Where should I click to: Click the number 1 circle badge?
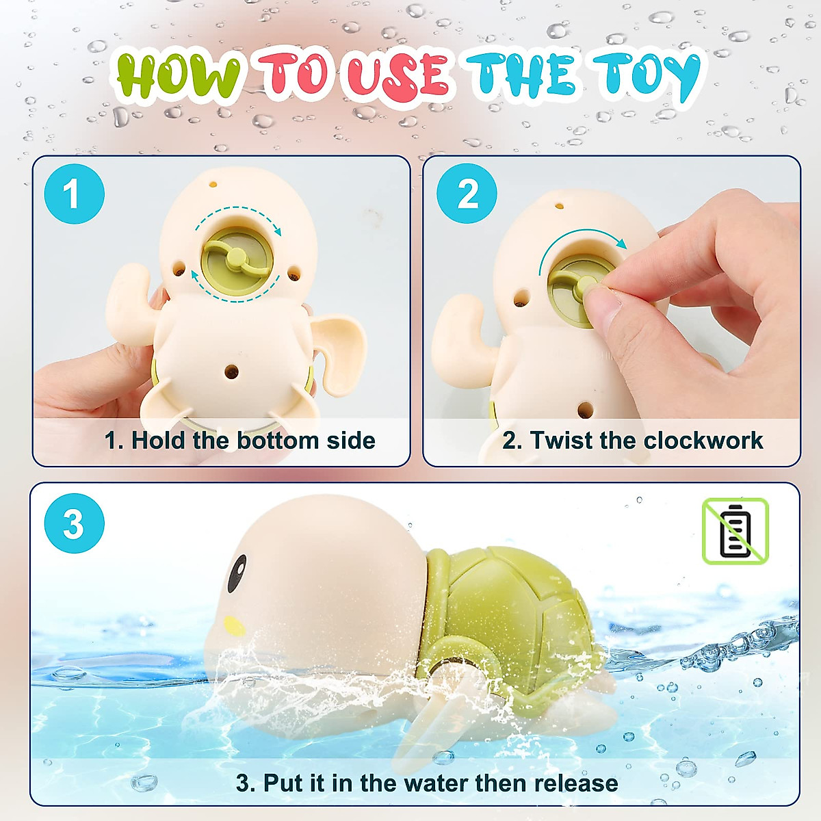click(74, 194)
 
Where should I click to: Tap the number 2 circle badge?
click(467, 194)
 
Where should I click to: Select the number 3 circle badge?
click(74, 523)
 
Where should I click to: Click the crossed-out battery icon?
click(735, 531)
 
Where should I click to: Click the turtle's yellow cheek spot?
click(234, 625)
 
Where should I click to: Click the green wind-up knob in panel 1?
click(236, 259)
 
